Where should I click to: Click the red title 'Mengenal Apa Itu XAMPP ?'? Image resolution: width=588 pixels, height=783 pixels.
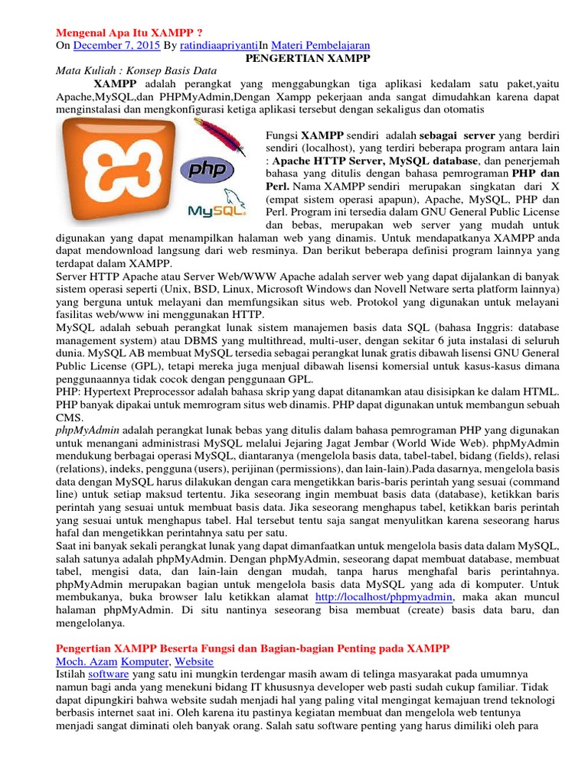click(129, 33)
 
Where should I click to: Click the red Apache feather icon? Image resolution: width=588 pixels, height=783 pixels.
click(219, 142)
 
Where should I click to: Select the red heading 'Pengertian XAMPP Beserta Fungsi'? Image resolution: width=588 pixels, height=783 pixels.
click(253, 648)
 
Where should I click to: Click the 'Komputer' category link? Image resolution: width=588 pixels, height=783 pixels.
click(145, 661)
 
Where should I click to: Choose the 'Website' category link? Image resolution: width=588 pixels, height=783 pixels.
click(194, 661)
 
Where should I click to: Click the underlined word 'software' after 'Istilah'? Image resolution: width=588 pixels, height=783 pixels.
click(109, 675)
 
